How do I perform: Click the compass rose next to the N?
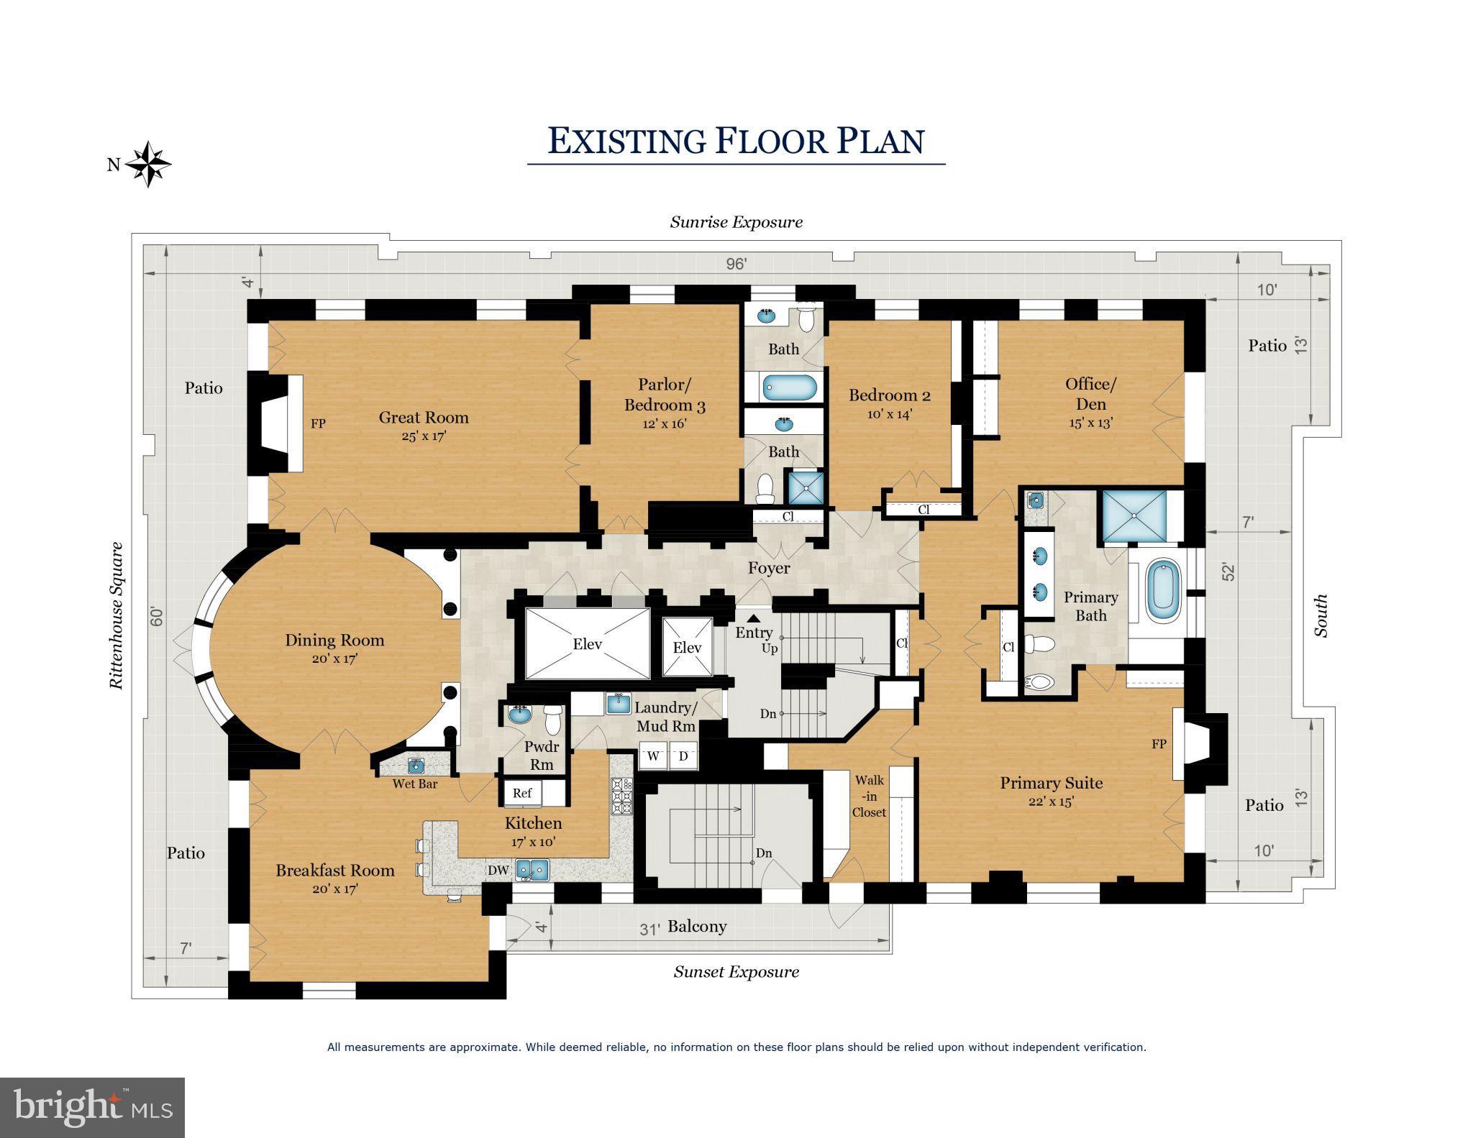149,164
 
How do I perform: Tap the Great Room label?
424,418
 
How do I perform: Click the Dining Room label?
334,641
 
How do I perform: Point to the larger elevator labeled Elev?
587,644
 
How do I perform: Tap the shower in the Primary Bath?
1134,516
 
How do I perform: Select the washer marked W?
654,756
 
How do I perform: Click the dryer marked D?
683,756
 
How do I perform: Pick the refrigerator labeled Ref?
523,793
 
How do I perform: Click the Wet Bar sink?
416,764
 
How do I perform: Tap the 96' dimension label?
736,264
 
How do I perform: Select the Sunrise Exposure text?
736,222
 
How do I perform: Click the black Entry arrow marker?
753,618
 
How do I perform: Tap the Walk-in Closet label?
869,796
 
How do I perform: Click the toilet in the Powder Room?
552,718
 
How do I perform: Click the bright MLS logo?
92,1107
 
